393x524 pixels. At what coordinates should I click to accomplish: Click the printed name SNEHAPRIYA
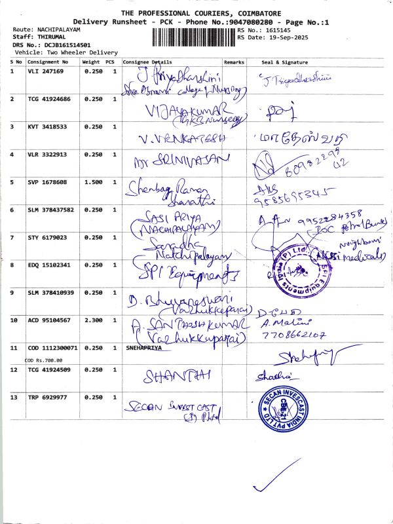pyautogui.click(x=141, y=349)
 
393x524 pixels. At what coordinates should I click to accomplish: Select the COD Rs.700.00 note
pyautogui.click(x=44, y=360)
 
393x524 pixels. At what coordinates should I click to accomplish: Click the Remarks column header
pyautogui.click(x=234, y=61)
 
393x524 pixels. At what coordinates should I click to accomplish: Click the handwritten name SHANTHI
pyautogui.click(x=169, y=376)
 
